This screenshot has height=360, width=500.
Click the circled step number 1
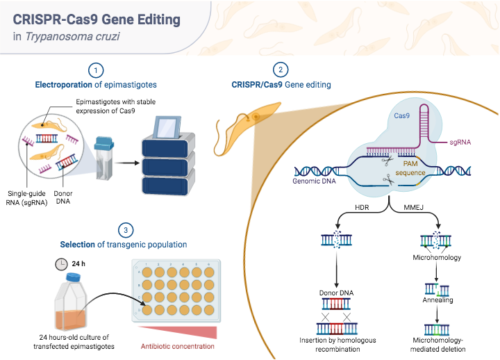tap(97, 69)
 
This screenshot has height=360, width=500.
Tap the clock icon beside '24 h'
tap(62, 264)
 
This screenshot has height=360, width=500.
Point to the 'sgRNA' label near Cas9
tap(460, 142)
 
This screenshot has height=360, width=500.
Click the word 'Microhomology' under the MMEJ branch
tap(437, 257)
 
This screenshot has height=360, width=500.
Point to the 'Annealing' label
tap(437, 300)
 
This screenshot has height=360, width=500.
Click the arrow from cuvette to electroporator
tap(125, 165)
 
